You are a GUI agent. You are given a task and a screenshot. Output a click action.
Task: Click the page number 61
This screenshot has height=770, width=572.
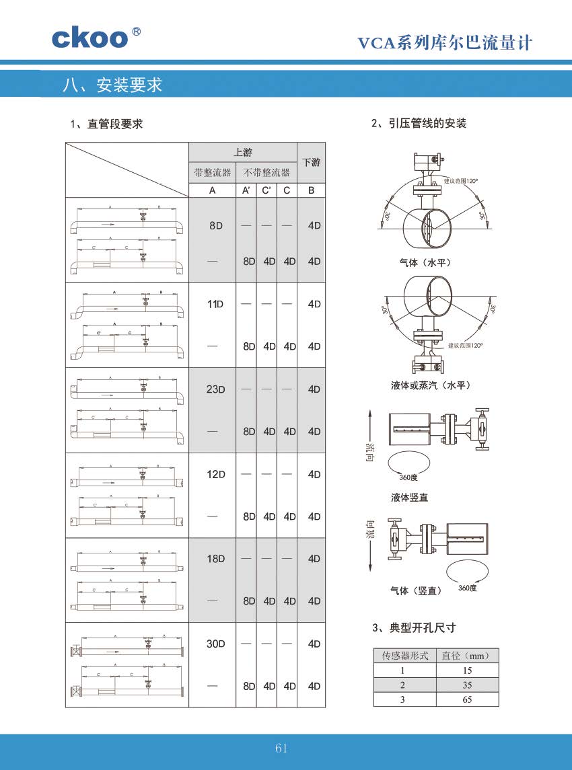281,748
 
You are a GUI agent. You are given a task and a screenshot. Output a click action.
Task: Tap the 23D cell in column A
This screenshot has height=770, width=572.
215,389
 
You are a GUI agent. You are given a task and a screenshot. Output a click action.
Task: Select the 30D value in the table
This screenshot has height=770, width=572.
215,644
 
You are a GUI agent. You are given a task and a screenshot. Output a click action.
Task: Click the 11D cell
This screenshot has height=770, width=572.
215,304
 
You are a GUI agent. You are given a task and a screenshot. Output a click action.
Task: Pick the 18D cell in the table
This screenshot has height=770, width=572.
215,559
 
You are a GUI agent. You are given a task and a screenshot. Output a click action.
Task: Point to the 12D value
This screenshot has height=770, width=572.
215,474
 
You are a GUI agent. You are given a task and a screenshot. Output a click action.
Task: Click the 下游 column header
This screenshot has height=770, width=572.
311,162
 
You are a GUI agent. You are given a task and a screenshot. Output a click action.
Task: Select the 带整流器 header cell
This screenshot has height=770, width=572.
212,173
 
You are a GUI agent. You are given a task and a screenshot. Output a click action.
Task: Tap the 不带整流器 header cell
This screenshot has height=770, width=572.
266,173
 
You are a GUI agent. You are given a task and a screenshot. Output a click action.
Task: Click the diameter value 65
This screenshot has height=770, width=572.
467,699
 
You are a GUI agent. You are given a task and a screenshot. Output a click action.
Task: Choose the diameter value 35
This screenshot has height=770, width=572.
467,685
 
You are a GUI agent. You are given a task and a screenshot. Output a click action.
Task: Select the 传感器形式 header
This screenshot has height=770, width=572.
404,655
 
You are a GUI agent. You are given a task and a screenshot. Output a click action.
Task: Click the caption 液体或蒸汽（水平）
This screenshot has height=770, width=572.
430,385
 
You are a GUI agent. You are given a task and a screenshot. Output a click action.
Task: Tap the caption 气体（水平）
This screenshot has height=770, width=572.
425,262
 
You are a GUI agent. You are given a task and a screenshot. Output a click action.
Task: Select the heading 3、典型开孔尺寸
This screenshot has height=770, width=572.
413,628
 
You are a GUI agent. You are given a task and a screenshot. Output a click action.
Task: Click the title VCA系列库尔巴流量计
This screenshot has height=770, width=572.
444,44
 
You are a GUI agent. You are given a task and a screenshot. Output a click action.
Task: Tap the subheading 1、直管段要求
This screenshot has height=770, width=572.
106,124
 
